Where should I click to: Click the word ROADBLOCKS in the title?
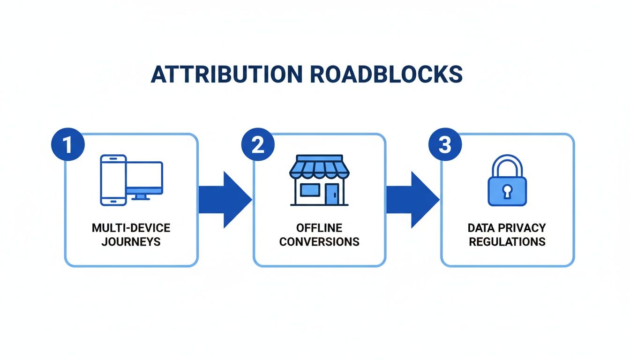click(x=384, y=75)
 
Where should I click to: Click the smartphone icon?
click(x=113, y=180)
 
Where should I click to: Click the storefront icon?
click(x=319, y=180)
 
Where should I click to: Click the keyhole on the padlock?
click(x=507, y=191)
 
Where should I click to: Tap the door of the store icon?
click(x=332, y=194)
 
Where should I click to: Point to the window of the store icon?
click(x=310, y=190)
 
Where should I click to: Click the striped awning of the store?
click(x=319, y=167)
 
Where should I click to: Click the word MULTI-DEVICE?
click(x=131, y=228)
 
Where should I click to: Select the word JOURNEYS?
click(x=131, y=242)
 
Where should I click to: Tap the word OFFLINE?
click(x=319, y=228)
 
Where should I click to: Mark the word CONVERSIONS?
click(x=319, y=242)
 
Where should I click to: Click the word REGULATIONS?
click(x=507, y=242)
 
